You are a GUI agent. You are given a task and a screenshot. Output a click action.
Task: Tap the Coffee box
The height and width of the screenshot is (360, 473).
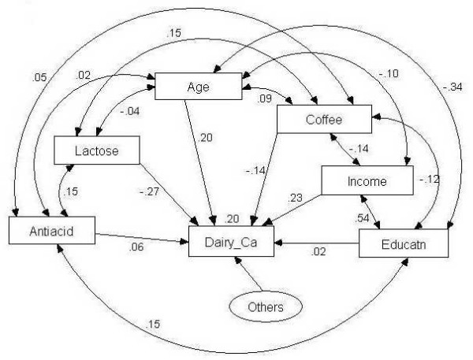pos(323,120)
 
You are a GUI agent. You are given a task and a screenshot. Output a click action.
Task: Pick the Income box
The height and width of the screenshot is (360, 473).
pos(367,181)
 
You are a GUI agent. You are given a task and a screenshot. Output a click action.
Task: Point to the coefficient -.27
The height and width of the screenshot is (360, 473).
pos(151,190)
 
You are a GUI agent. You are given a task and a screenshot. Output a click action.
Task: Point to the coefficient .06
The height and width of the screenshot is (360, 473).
pos(137,247)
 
